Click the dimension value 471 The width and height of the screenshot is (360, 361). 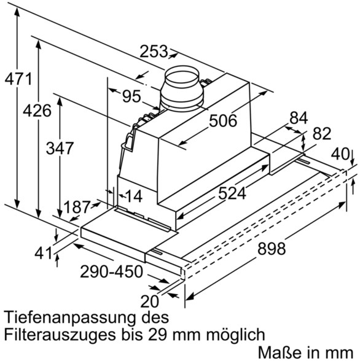tap(18, 79)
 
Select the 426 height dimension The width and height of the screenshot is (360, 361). tap(37, 111)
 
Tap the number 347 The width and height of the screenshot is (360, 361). tap(60, 148)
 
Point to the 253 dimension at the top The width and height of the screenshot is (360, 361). tap(154, 52)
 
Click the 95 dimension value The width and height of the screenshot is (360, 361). tap(131, 96)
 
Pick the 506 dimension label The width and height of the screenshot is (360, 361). tap(223, 120)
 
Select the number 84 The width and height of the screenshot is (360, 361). tap(299, 118)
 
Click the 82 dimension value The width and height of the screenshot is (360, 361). tap(322, 133)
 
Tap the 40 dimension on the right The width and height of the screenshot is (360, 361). tap(340, 154)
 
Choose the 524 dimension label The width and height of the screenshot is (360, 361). tap(232, 193)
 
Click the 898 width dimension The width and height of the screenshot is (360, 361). tap(272, 249)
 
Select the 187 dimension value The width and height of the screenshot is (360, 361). tap(76, 207)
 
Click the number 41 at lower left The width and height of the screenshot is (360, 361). tap(43, 254)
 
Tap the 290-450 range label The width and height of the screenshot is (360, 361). tap(111, 271)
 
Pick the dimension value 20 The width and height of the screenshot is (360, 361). tap(150, 301)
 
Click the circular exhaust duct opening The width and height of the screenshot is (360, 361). tap(182, 75)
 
